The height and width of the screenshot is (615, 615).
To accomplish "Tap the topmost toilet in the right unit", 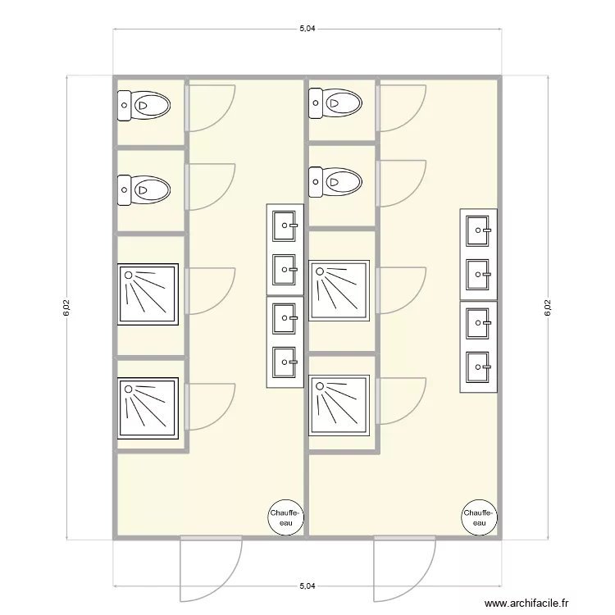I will tap(335, 102).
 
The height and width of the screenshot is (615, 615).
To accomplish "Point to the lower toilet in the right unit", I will tap(335, 181).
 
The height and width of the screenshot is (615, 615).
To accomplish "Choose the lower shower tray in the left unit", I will tap(148, 408).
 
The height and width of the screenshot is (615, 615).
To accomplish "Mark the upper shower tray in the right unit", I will tap(339, 289).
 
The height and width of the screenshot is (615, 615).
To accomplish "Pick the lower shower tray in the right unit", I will tap(339, 405).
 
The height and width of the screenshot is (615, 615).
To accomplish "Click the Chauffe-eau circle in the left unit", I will tap(285, 517).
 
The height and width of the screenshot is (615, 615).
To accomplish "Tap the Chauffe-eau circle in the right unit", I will tap(479, 517).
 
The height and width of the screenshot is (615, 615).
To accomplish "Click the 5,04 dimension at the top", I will tap(307, 29).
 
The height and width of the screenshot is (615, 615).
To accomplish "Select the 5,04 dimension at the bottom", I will tap(307, 586).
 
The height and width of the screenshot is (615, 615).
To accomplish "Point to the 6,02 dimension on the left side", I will tap(66, 307).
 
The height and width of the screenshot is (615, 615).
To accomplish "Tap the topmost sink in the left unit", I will tap(285, 223).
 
